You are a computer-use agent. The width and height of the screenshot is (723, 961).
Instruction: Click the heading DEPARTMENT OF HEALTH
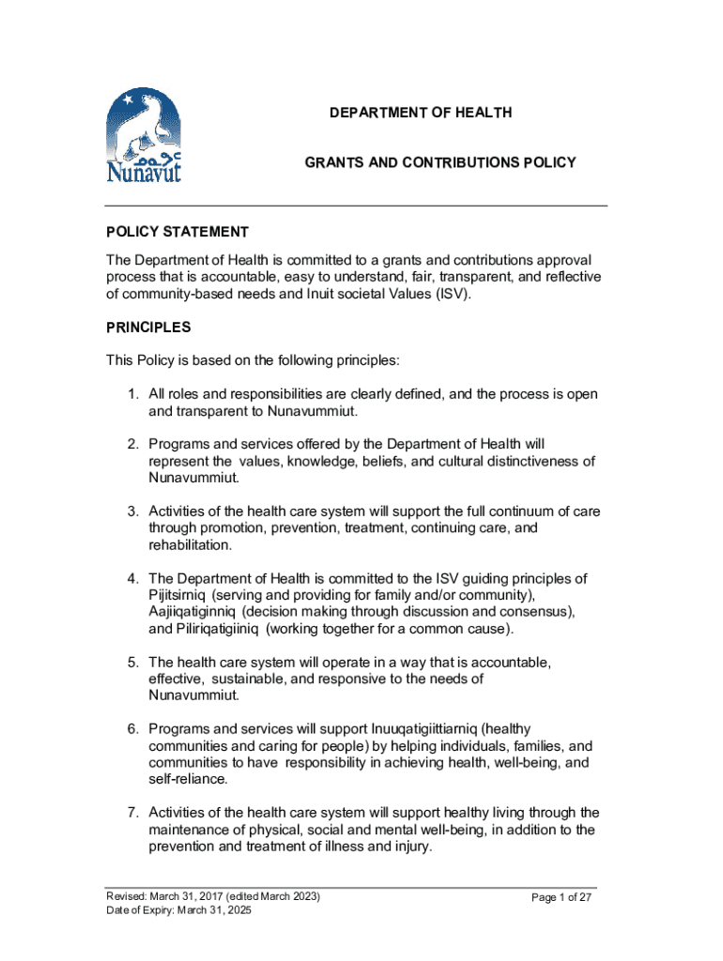click(x=421, y=113)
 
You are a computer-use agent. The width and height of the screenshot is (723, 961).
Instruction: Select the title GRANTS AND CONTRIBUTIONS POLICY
click(x=439, y=163)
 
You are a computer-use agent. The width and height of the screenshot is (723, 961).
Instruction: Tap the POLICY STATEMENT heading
click(x=177, y=232)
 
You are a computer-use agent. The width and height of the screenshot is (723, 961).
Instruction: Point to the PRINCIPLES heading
click(x=148, y=328)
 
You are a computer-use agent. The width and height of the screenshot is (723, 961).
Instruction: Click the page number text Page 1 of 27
click(x=561, y=898)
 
